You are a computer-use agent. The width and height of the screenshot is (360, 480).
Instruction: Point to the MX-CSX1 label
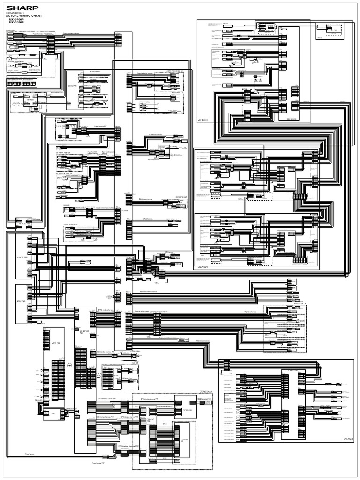coord(203,120)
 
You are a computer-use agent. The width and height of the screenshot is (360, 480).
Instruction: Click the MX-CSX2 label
coord(202,267)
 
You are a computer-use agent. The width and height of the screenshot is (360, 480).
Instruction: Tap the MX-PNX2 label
coord(347,439)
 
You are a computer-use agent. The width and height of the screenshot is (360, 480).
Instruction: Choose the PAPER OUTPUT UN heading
coord(70,225)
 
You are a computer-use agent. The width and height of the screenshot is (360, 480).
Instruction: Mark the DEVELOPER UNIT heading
coord(181,197)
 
